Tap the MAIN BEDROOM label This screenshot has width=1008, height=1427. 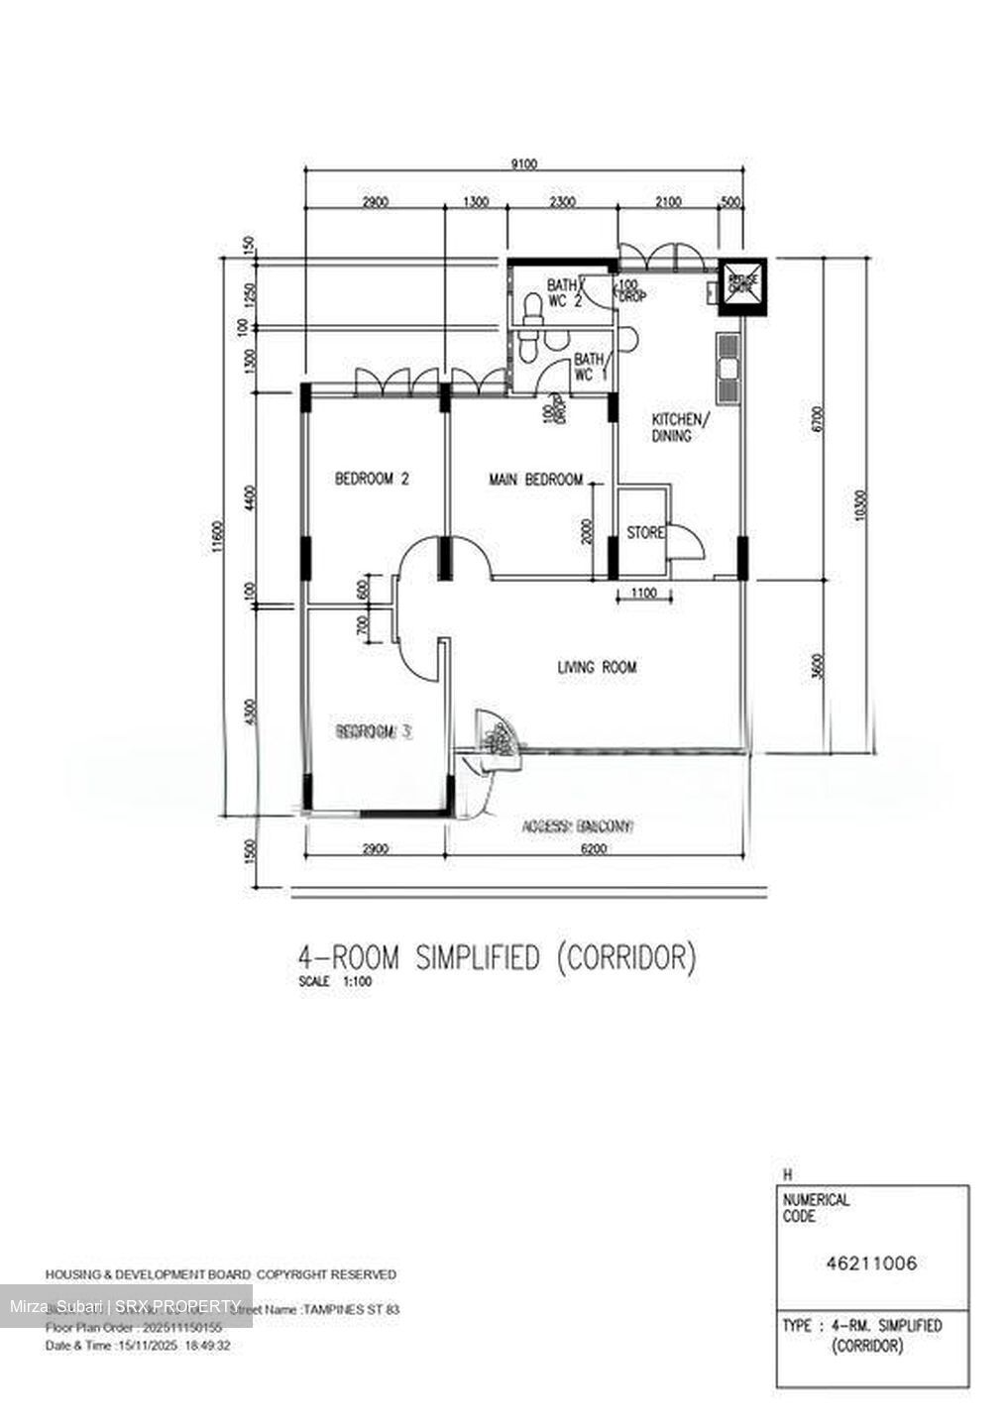tap(535, 480)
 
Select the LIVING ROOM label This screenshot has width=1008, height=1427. tap(596, 668)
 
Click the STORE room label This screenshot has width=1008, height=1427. tap(645, 533)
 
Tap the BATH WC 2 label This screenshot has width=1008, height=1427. tap(562, 293)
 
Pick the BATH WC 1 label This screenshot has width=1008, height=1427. tap(590, 367)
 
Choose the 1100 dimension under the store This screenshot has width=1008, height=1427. tap(644, 594)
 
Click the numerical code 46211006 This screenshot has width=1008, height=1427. tap(871, 1263)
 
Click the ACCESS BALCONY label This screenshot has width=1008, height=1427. tap(578, 825)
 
